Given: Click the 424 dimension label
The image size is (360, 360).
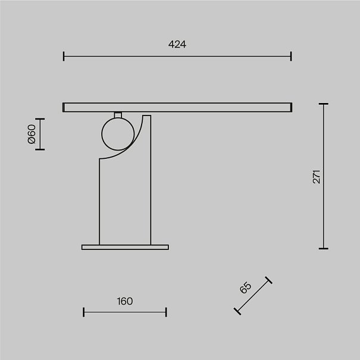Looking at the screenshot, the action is (177, 44).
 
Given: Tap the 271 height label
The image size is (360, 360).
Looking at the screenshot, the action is (317, 177).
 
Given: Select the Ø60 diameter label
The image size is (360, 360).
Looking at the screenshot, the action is (32, 134).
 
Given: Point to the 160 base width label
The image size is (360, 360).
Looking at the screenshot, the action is (125, 301).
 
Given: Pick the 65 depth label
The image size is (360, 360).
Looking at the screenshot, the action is (245, 287).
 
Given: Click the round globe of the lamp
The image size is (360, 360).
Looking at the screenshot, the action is (118, 134).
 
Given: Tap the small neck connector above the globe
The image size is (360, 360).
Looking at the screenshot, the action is (118, 115).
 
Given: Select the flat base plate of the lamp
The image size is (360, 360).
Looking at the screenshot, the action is (125, 247).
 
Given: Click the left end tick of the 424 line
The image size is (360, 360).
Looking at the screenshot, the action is (64, 57).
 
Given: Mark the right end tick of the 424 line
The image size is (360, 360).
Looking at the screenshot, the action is (291, 57).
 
